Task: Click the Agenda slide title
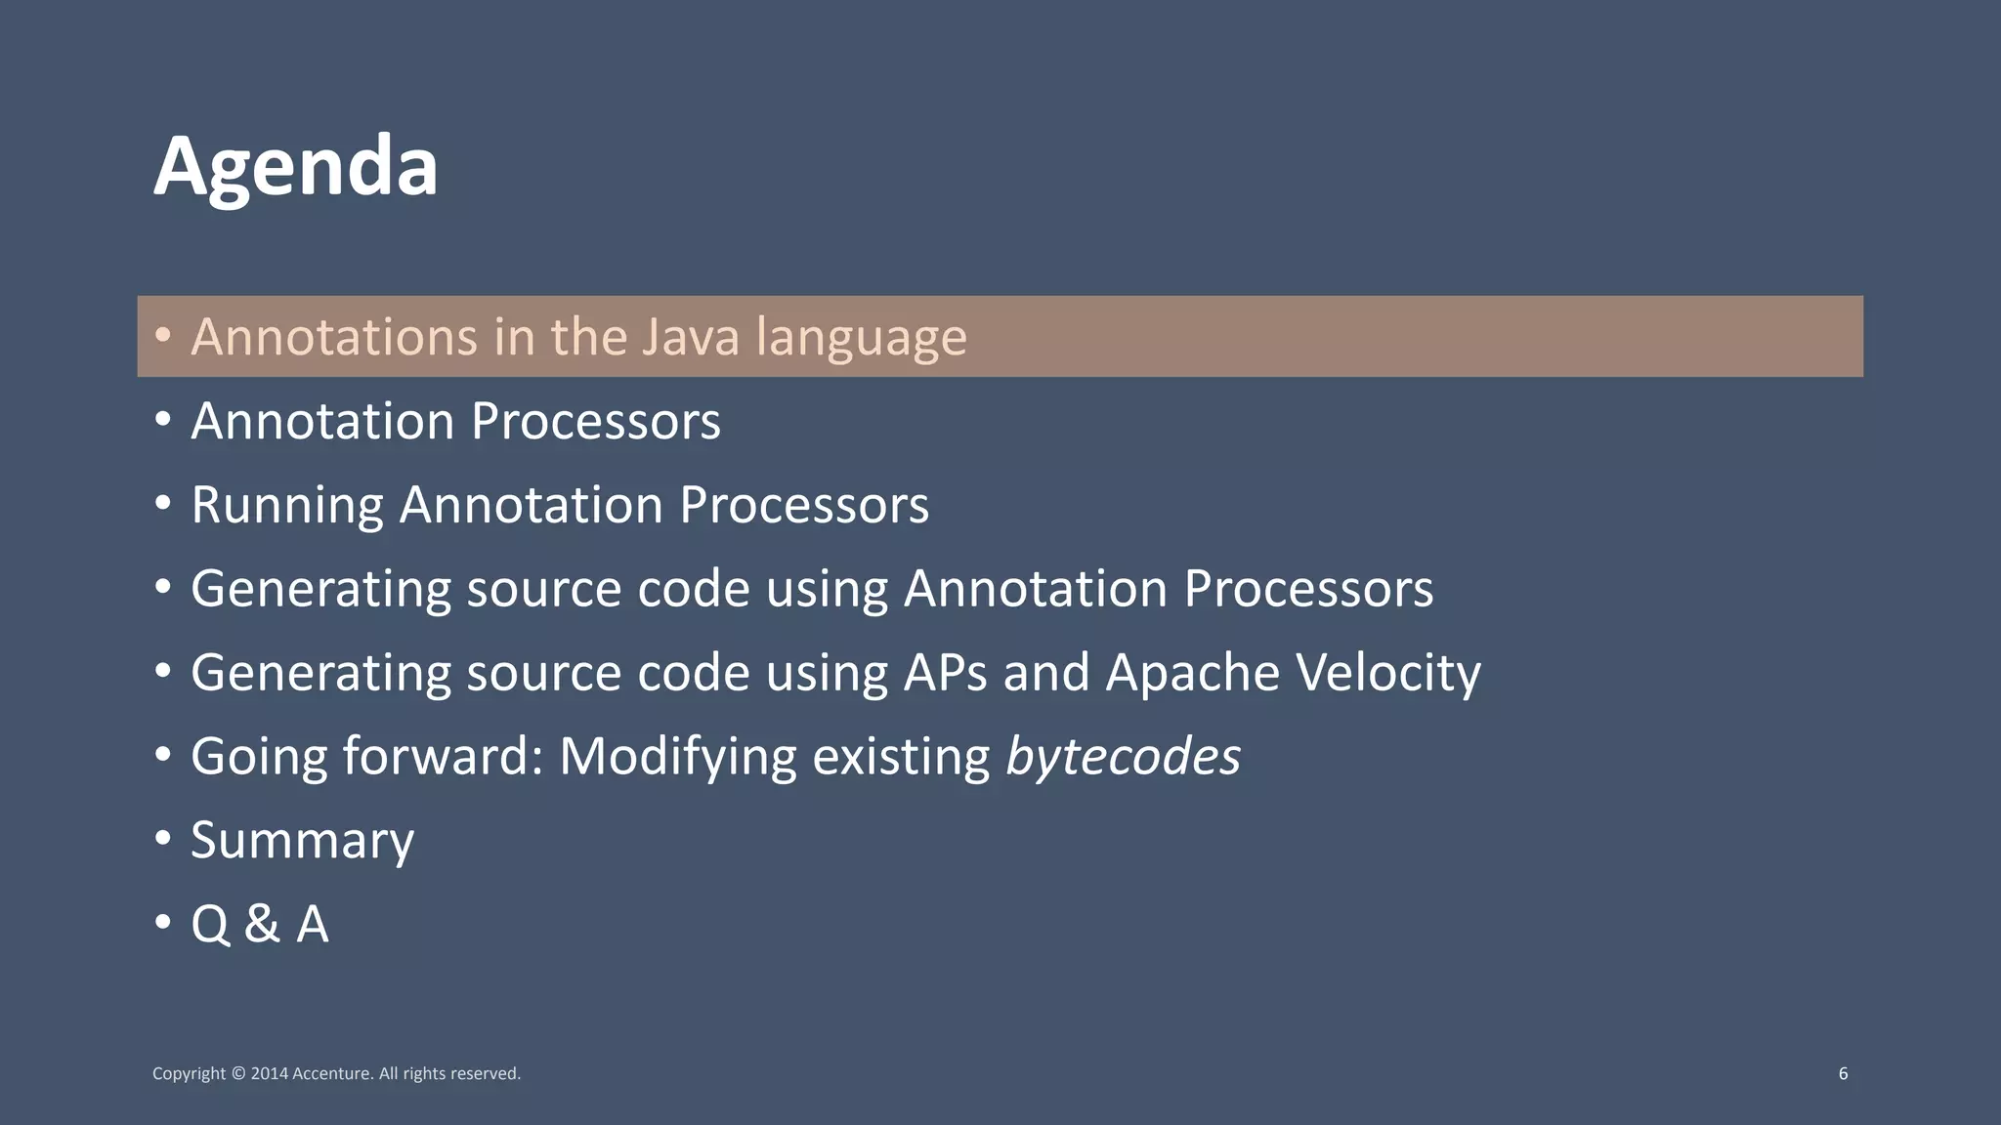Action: [x=295, y=167]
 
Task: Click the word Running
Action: [x=286, y=506]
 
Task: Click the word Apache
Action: [x=1191, y=672]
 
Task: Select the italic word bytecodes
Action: [x=1123, y=757]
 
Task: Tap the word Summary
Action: [x=302, y=841]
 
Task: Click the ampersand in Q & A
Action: [x=261, y=924]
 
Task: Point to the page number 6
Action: [x=1843, y=1073]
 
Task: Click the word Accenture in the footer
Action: [x=332, y=1073]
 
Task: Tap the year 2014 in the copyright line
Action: [x=270, y=1073]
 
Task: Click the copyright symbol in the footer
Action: [x=238, y=1073]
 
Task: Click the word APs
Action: [x=945, y=673]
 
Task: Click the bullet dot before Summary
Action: [x=163, y=839]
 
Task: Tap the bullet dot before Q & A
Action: [x=163, y=922]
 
